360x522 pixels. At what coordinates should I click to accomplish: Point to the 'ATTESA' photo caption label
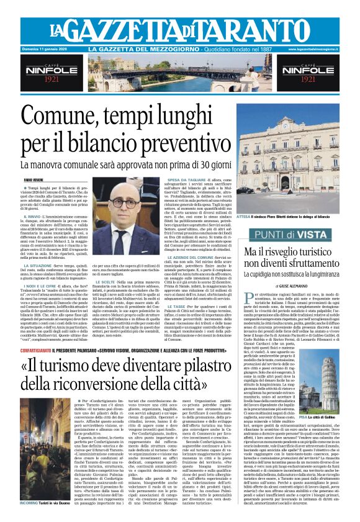(243, 217)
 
